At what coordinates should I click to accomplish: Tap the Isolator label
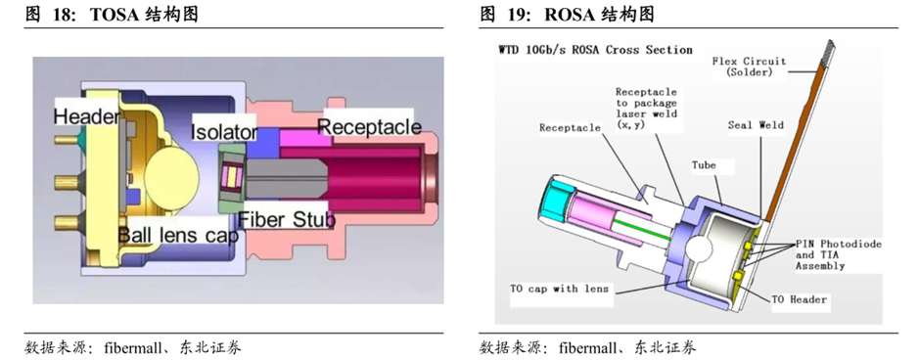(224, 132)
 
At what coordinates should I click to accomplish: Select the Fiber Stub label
(287, 219)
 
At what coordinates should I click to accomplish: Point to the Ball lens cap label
(178, 236)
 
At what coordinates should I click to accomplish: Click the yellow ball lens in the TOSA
(172, 174)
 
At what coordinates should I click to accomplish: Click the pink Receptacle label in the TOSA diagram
(369, 127)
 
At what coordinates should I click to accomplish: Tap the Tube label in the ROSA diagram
(704, 165)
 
